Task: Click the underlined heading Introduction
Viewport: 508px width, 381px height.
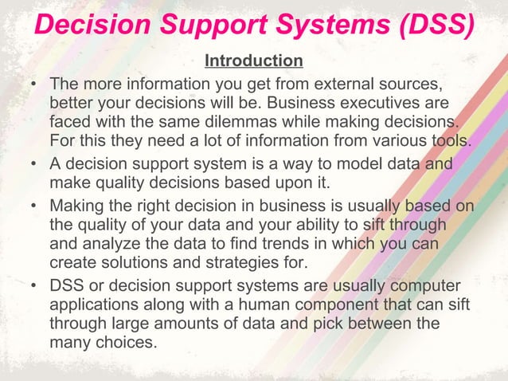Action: [253, 61]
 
